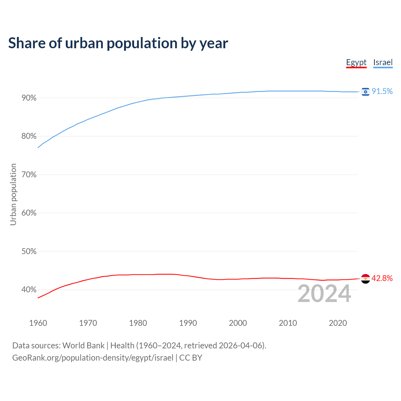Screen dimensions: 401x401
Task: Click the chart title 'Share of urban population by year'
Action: click(x=118, y=43)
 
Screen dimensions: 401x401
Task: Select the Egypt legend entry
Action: click(x=356, y=62)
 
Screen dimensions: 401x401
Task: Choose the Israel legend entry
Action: click(x=383, y=62)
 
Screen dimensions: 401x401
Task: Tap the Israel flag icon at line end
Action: click(x=365, y=91)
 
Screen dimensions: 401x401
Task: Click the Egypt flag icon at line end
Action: click(x=365, y=279)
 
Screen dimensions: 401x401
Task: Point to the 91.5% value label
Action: click(x=382, y=91)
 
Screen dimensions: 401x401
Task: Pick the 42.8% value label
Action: click(x=382, y=278)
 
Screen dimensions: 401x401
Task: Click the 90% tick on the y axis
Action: click(x=29, y=98)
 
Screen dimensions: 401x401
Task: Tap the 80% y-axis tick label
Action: click(x=29, y=136)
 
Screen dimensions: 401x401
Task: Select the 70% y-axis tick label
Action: click(x=29, y=175)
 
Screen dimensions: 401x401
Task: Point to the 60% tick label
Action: click(x=29, y=213)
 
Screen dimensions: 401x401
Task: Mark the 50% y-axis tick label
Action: click(x=29, y=252)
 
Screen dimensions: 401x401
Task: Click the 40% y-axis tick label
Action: click(x=29, y=290)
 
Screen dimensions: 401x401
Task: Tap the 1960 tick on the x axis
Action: click(x=38, y=323)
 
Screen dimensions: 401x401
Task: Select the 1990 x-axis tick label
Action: click(x=188, y=323)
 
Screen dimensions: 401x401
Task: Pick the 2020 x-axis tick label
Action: click(x=338, y=323)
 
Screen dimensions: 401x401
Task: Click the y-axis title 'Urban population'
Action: click(x=13, y=194)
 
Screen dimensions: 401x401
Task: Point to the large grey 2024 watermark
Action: click(x=324, y=294)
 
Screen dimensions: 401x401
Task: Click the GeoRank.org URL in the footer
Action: click(x=93, y=358)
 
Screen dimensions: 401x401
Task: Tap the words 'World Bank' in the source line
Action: click(x=83, y=346)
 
